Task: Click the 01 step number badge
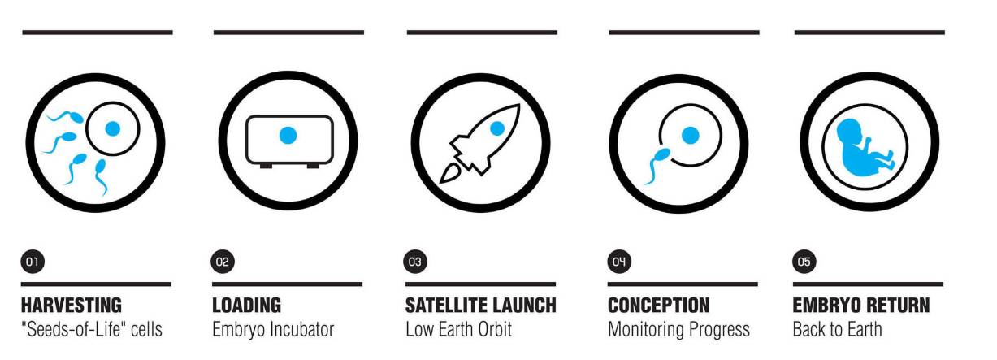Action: [x=33, y=262]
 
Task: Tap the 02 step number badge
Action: [x=223, y=262]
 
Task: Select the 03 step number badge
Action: [x=415, y=262]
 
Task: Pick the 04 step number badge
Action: [x=619, y=262]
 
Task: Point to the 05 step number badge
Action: [x=804, y=262]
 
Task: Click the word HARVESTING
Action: [x=72, y=306]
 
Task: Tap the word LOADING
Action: [x=246, y=306]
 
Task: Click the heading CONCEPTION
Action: [x=659, y=306]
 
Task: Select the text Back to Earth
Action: [x=837, y=330]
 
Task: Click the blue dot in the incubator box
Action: [x=288, y=135]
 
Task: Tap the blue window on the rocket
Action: [x=497, y=128]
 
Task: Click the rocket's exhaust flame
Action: [x=451, y=174]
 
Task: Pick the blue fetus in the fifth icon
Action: [x=861, y=146]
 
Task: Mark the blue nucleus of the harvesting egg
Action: [x=113, y=128]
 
